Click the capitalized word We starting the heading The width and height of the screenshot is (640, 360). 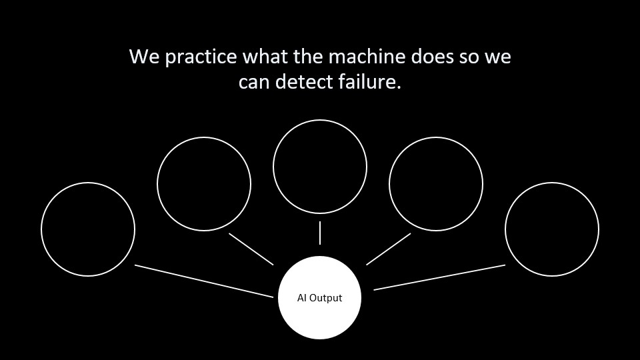click(x=143, y=57)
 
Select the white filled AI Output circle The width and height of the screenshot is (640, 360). click(x=319, y=297)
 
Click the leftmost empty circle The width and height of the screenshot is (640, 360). click(x=88, y=229)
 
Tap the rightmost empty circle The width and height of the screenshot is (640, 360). click(x=551, y=229)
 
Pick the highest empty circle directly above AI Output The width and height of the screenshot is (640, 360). click(x=320, y=167)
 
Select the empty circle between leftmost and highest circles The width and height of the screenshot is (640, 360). click(x=204, y=183)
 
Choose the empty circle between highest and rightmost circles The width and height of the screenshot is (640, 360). click(x=436, y=183)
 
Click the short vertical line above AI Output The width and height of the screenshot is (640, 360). click(x=320, y=233)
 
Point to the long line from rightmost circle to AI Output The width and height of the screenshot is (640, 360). click(x=439, y=277)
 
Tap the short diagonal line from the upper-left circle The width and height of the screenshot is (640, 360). click(x=251, y=249)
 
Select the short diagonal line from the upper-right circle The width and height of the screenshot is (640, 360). click(x=389, y=249)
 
